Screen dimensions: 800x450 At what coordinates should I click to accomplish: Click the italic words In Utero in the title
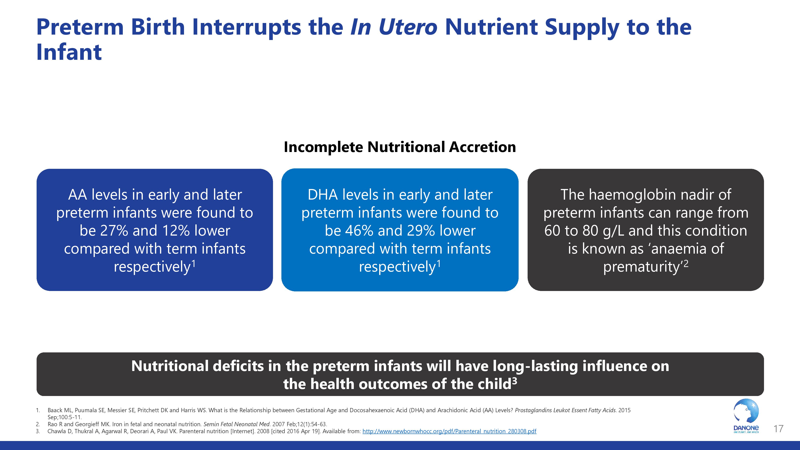tap(393, 27)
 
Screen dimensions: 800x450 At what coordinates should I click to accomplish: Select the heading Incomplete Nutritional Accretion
tap(400, 147)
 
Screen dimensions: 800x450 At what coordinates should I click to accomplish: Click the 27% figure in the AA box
tap(114, 231)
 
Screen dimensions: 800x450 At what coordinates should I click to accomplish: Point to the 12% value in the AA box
tap(176, 231)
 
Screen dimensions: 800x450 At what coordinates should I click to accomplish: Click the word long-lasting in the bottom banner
tap(535, 366)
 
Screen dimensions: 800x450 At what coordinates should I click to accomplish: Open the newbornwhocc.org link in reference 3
tap(449, 431)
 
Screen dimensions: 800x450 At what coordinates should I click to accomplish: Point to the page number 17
tap(778, 429)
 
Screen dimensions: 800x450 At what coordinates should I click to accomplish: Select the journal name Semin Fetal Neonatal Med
tap(237, 424)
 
